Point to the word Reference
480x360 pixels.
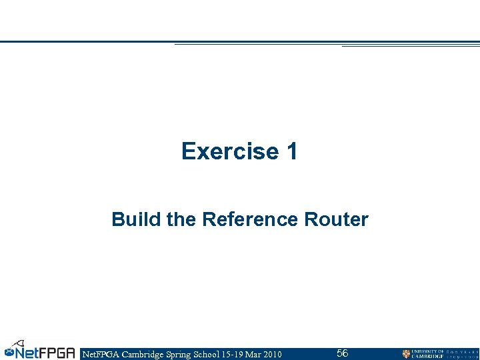(x=250, y=219)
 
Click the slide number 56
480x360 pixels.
(x=342, y=353)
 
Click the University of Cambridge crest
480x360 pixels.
(x=406, y=354)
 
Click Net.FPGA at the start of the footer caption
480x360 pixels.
(x=99, y=354)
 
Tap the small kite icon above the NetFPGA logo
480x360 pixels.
(x=21, y=341)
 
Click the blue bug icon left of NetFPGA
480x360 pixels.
(x=9, y=351)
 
